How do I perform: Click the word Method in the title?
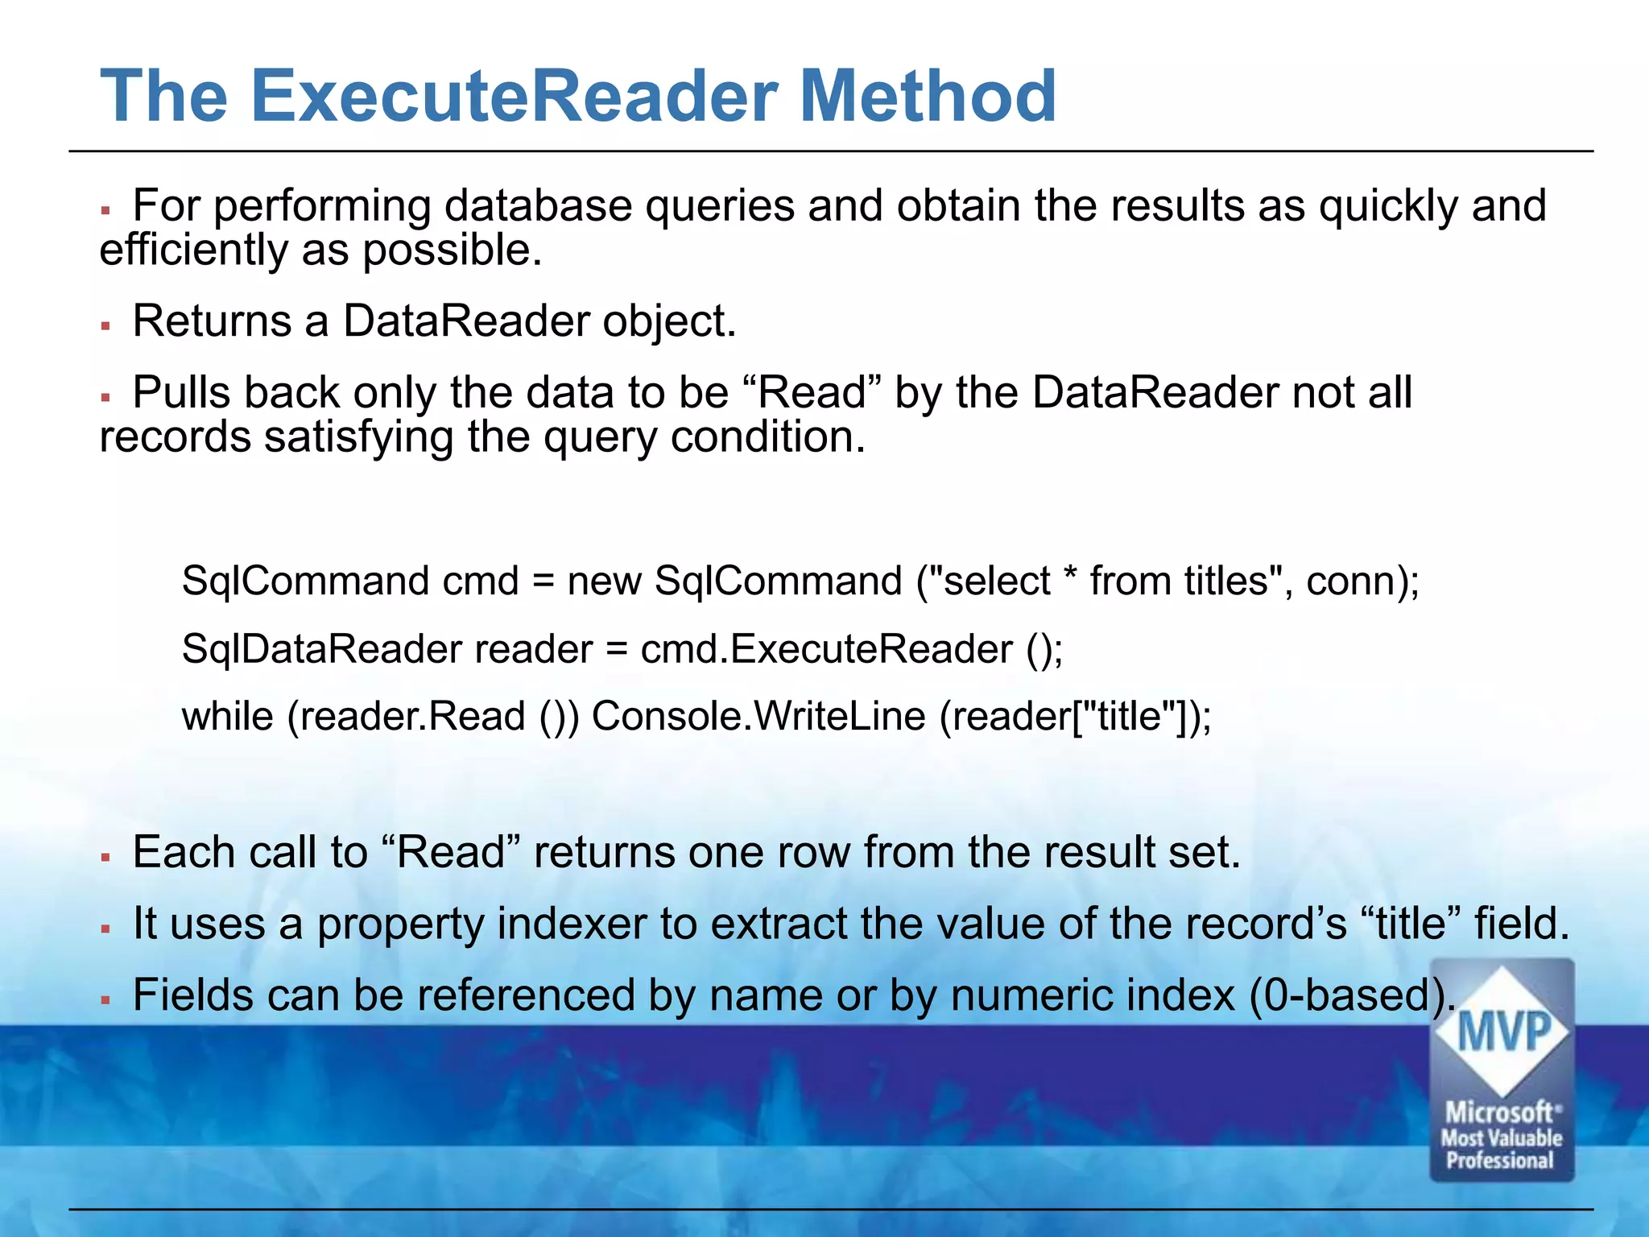click(x=928, y=96)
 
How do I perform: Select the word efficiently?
click(x=193, y=250)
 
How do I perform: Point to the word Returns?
click(x=212, y=321)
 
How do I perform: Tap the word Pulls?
click(x=181, y=393)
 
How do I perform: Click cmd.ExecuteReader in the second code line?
click(x=826, y=649)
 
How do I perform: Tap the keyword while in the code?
click(x=228, y=716)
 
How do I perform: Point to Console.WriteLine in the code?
click(x=758, y=716)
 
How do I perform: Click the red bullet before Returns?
click(x=105, y=325)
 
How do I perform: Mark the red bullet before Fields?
click(x=105, y=999)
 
